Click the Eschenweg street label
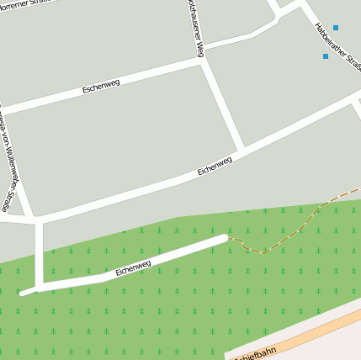tap(101, 85)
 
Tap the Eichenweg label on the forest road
tap(133, 268)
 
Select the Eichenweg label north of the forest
tap(215, 166)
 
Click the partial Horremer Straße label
tap(21, 5)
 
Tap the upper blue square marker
tap(335, 28)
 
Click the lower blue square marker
tap(326, 56)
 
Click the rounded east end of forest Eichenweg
tap(223, 239)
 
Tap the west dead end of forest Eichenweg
tap(24, 293)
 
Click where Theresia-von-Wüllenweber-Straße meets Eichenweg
tap(34, 218)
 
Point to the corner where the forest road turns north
tap(40, 287)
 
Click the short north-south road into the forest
tap(39, 252)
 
